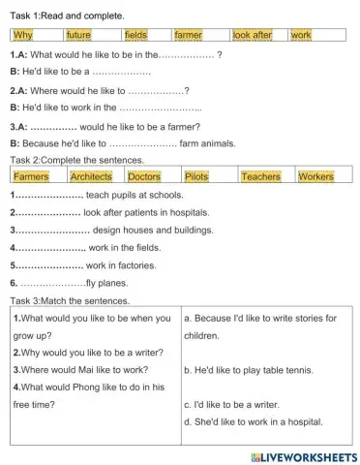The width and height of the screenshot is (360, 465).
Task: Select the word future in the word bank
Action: pyautogui.click(x=78, y=35)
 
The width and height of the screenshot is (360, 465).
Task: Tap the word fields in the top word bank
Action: pyautogui.click(x=135, y=35)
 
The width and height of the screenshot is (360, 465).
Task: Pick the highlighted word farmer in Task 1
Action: pyautogui.click(x=188, y=35)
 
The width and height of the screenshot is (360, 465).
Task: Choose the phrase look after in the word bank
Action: pyautogui.click(x=254, y=35)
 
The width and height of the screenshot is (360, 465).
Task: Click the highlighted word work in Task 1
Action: pyautogui.click(x=301, y=35)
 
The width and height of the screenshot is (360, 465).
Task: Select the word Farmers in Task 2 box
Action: pyautogui.click(x=31, y=177)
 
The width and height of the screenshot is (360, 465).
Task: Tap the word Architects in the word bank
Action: pyautogui.click(x=91, y=177)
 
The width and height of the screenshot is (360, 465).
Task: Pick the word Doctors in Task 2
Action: pyautogui.click(x=144, y=177)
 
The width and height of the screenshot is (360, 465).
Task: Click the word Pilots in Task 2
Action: pyautogui.click(x=196, y=177)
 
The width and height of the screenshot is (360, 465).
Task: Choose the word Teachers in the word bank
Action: pyautogui.click(x=260, y=177)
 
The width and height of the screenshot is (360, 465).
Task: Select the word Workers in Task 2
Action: pyautogui.click(x=315, y=177)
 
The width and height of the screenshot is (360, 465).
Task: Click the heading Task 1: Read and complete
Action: pyautogui.click(x=67, y=16)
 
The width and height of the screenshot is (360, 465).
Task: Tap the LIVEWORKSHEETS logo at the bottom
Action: pyautogui.click(x=303, y=455)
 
